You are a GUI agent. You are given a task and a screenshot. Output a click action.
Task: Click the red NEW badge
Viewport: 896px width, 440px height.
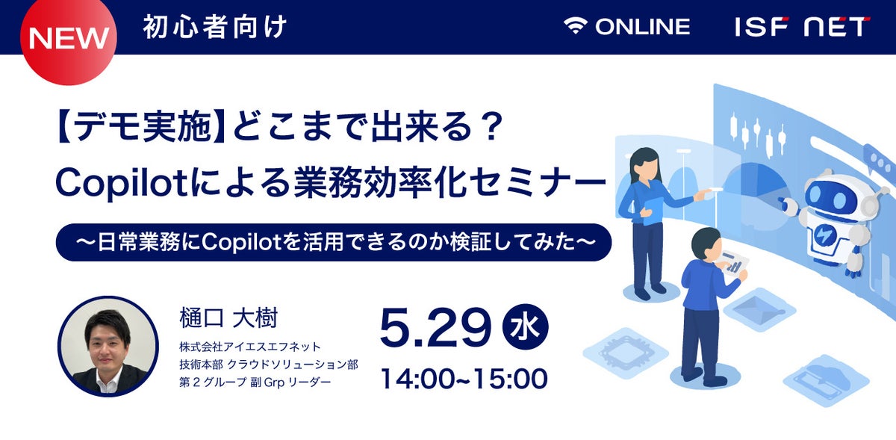[69, 38]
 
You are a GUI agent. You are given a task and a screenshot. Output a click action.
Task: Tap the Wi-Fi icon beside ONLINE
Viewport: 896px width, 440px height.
[575, 26]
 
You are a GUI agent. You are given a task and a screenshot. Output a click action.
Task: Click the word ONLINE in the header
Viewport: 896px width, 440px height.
[642, 27]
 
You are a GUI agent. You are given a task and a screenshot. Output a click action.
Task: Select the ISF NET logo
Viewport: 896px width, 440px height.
[802, 27]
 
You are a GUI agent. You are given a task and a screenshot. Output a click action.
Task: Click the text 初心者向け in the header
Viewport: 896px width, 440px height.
[215, 27]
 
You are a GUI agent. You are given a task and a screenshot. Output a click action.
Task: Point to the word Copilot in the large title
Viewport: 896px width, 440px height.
[122, 183]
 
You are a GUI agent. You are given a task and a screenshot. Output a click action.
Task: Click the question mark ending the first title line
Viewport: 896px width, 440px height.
[491, 127]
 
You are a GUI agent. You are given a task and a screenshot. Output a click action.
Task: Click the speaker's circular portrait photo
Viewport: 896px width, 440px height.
[108, 347]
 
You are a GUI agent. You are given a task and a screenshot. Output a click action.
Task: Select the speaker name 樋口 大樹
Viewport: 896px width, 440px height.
[228, 318]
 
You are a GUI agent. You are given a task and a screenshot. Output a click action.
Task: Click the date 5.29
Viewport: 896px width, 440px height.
[435, 327]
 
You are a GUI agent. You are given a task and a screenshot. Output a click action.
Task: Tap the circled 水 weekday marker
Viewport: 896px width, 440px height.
[525, 326]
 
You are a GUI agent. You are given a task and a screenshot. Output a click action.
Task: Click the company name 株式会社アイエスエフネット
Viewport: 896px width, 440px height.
[250, 347]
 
